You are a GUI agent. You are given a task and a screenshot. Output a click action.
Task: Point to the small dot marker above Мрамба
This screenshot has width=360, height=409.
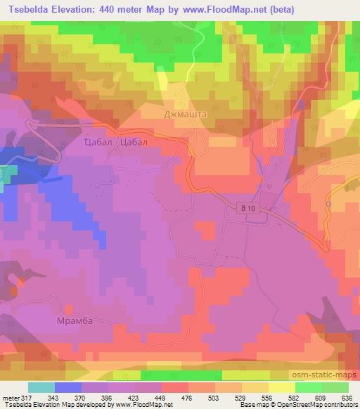[x=69, y=307]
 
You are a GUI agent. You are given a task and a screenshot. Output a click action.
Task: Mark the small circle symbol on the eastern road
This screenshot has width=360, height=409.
[x=328, y=203]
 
